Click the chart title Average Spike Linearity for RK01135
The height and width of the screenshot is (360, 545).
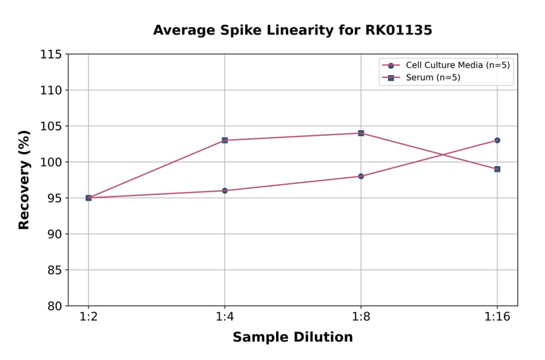(x=292, y=30)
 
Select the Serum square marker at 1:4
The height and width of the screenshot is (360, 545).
(x=225, y=140)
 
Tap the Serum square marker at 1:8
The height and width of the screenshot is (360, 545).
(x=361, y=133)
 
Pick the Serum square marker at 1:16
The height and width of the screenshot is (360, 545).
(x=497, y=169)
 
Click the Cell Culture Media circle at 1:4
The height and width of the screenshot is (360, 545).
(x=225, y=190)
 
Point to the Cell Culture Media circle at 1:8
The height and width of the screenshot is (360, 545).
(x=361, y=176)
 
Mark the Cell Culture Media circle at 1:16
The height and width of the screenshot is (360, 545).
(x=497, y=140)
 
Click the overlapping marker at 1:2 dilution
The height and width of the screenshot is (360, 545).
(x=88, y=198)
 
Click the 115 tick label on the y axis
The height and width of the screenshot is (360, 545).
(x=51, y=55)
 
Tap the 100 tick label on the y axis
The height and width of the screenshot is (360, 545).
(x=51, y=162)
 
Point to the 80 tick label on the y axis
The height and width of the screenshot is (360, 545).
(x=54, y=306)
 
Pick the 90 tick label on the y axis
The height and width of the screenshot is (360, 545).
(x=54, y=234)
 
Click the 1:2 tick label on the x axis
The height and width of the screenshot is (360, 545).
(x=88, y=318)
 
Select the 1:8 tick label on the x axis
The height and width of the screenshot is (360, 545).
(x=361, y=318)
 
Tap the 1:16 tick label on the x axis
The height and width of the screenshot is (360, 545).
(x=497, y=318)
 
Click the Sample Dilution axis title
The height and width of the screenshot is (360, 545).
(x=292, y=338)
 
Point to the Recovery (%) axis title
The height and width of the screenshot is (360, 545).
(x=24, y=180)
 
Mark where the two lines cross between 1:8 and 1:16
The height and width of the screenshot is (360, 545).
(x=442, y=155)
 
